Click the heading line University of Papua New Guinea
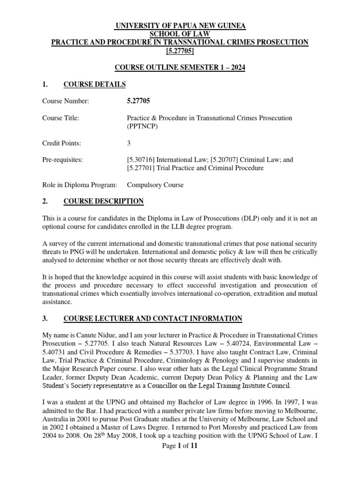pyautogui.click(x=180, y=25)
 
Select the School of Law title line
pyautogui.click(x=180, y=34)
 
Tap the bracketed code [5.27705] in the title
pyautogui.click(x=180, y=51)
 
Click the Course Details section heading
pyautogui.click(x=94, y=85)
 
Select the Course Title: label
pyautogui.click(x=60, y=118)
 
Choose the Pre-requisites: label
pyautogui.click(x=62, y=160)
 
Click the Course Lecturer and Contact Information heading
pyautogui.click(x=152, y=319)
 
